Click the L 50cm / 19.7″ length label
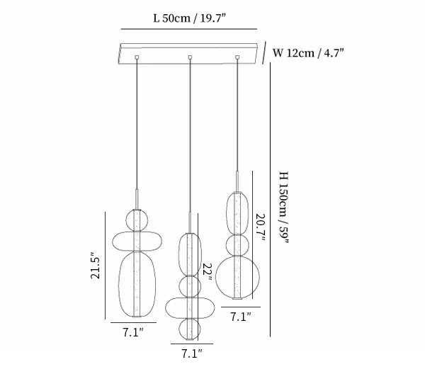(x=189, y=18)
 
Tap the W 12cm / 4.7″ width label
(x=308, y=53)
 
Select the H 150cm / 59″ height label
(x=284, y=208)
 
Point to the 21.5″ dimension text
(x=96, y=266)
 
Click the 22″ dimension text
(x=207, y=272)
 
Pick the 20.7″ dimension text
(x=260, y=228)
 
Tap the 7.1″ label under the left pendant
(x=133, y=332)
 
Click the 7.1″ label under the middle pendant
(x=192, y=353)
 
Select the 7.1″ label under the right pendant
(x=241, y=317)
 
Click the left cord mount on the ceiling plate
(x=137, y=57)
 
